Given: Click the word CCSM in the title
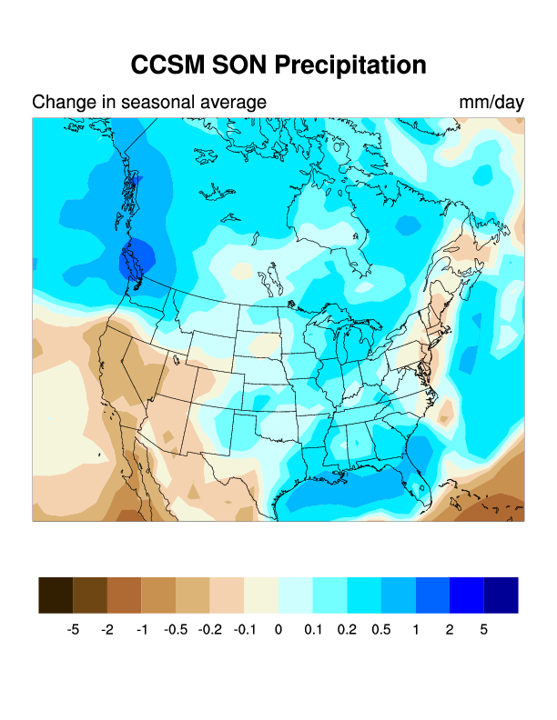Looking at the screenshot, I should [x=167, y=65].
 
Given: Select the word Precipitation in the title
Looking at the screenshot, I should [x=350, y=65].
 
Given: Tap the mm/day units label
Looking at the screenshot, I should [x=491, y=102].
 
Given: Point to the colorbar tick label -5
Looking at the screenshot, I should [x=74, y=629].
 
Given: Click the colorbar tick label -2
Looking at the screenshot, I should [x=107, y=629].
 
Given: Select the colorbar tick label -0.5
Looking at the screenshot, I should [x=176, y=629].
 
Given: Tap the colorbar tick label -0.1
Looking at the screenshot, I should [x=244, y=629].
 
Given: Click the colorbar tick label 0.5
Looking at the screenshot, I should [x=381, y=629].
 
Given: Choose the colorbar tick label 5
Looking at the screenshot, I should [x=484, y=629].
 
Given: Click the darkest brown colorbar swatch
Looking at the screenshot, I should [x=56, y=595].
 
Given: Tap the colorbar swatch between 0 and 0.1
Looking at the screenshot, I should [x=296, y=595].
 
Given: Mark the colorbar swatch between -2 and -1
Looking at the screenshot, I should [x=125, y=595].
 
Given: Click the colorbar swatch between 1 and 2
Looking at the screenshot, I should [x=432, y=595].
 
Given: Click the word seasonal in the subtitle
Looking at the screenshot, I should [x=166, y=102].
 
